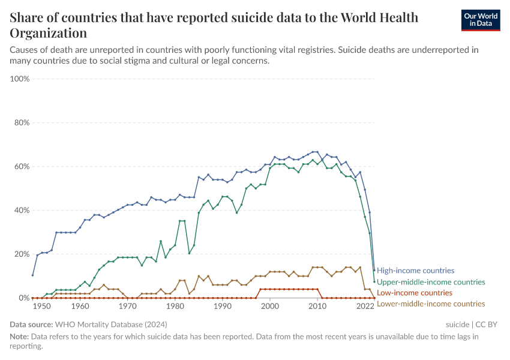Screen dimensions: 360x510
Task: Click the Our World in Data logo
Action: [x=480, y=20]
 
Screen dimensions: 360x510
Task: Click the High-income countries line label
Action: [x=415, y=271]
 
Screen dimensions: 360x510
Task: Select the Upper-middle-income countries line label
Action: [x=431, y=282]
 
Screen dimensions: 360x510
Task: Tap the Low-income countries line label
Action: [x=414, y=293]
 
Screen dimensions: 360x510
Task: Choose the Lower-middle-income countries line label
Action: [x=431, y=304]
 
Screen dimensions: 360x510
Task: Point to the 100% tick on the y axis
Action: [x=20, y=79]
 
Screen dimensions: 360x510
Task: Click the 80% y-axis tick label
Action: [x=22, y=123]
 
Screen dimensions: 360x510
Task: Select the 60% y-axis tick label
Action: [x=22, y=167]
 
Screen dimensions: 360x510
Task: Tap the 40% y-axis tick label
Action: [x=22, y=211]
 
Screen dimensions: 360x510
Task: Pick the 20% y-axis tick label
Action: [x=22, y=254]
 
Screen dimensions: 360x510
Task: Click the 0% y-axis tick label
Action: [x=24, y=298]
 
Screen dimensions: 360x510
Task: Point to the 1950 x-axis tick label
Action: [x=42, y=307]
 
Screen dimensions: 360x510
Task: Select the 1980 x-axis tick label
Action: [x=175, y=307]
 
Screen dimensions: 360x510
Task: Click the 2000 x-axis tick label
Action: [x=271, y=307]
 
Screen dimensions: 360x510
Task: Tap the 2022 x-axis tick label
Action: [x=365, y=307]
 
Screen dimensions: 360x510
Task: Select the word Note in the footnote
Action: [x=20, y=337]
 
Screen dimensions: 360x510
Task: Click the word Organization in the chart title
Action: [x=48, y=32]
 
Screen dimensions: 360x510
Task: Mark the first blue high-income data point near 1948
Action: [x=32, y=275]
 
